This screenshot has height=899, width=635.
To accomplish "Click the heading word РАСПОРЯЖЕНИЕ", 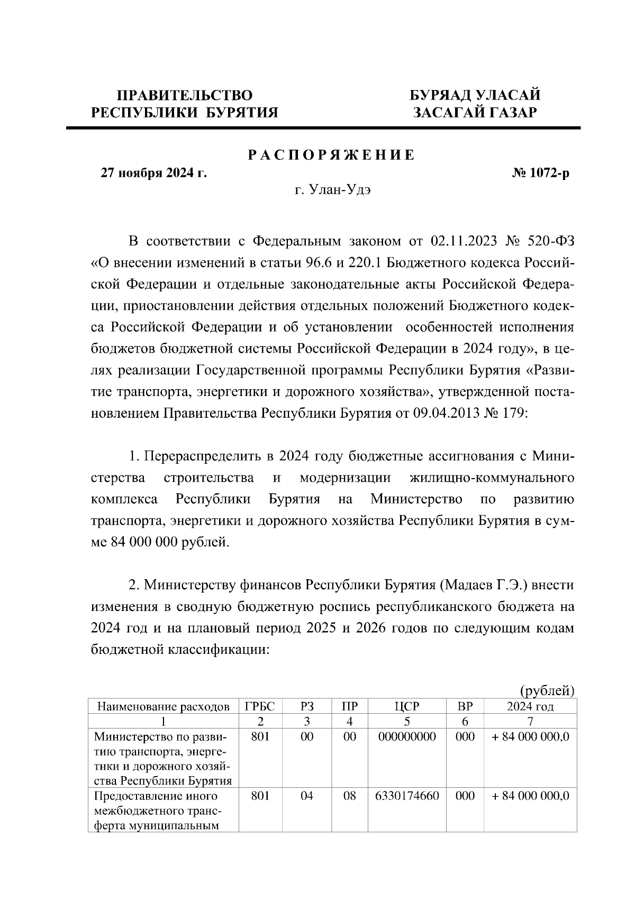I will (332, 155).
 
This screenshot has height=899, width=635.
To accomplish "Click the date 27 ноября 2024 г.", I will (153, 173).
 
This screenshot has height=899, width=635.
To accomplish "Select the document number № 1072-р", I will (540, 173).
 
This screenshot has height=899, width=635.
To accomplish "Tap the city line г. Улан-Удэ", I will (332, 190).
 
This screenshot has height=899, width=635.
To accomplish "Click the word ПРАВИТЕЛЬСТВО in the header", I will (185, 95).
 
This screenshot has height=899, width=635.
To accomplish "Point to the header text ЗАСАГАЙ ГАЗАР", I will (475, 112).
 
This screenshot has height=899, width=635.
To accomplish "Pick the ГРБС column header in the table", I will (260, 706).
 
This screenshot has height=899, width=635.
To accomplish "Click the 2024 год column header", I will (530, 706).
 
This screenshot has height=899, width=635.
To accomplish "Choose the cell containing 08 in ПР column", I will (350, 796).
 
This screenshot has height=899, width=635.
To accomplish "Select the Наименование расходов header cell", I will (164, 706).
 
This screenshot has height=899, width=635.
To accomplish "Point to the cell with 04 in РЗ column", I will (307, 796).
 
